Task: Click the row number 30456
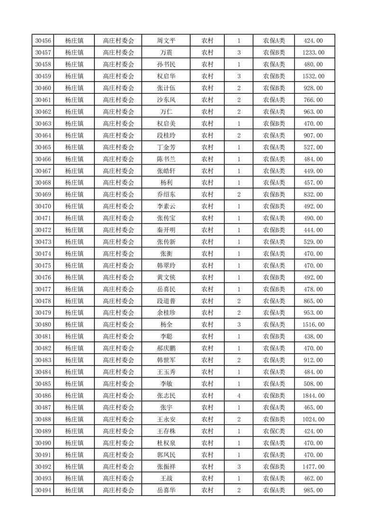click(x=43, y=41)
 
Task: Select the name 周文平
click(x=165, y=41)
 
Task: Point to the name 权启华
click(x=165, y=76)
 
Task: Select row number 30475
click(x=43, y=266)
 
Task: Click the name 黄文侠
click(x=165, y=277)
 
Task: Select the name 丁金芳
click(x=165, y=147)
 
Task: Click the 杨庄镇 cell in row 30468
click(x=74, y=183)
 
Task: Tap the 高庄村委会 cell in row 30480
click(x=119, y=325)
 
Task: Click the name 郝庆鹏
click(x=165, y=349)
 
